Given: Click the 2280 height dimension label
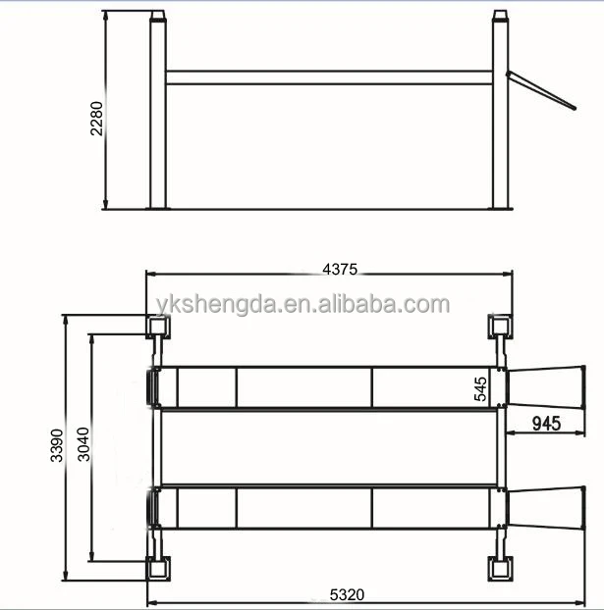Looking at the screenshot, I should [96, 118].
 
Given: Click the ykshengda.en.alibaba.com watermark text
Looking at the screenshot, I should [301, 304].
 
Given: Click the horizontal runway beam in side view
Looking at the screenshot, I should [328, 76].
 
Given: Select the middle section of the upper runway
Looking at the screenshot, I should [304, 386].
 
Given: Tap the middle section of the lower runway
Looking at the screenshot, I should [304, 509].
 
